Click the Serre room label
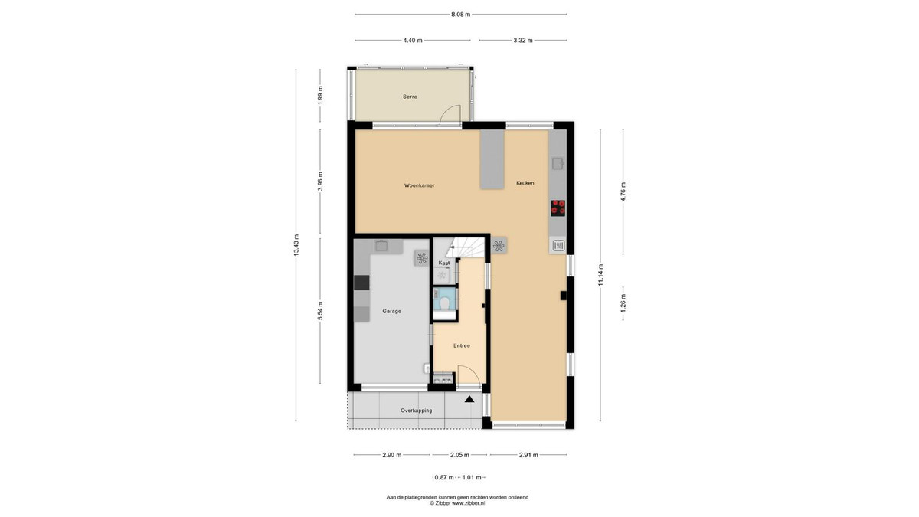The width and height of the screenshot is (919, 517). coord(410,97)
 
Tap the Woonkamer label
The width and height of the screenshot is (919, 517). coord(420,185)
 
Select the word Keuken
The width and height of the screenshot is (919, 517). coord(525,183)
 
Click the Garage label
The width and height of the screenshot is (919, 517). coord(392,312)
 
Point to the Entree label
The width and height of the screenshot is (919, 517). coord(462,346)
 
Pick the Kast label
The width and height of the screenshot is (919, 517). coord(444,263)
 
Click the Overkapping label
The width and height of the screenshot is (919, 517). coord(417,411)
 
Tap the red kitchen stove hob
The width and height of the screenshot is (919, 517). coord(558,208)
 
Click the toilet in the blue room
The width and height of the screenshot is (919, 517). coord(444,303)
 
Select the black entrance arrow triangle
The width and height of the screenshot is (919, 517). coord(469,399)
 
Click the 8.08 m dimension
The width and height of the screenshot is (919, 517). coord(461,15)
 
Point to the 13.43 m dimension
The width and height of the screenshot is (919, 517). coord(296,245)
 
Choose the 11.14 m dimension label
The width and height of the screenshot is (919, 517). coord(600,275)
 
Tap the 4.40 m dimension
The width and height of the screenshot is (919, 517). coord(413,40)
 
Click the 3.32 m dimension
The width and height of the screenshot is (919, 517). coord(523,40)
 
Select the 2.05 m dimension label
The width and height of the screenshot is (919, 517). coord(459,455)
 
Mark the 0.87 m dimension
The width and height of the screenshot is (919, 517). coord(444,477)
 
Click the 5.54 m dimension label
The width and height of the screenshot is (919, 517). coord(320,311)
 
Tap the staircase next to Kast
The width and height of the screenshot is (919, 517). coord(467,249)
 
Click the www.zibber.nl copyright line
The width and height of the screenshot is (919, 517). coord(457,502)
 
